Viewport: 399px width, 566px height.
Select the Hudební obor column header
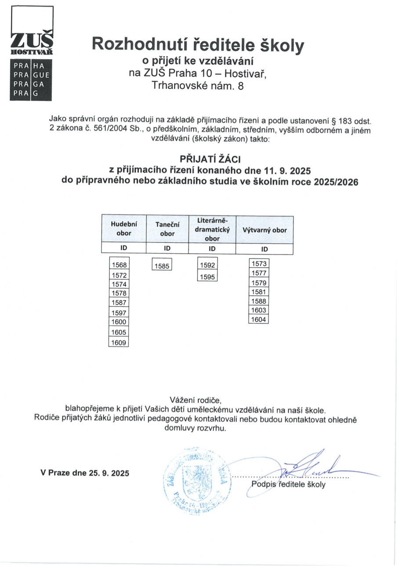point(123,229)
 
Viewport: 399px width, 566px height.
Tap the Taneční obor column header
point(167,229)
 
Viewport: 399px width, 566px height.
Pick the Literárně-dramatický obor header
point(212,229)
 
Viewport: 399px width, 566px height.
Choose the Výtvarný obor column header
point(265,230)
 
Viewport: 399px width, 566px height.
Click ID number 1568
point(119,265)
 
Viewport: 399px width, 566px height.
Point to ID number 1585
point(162,265)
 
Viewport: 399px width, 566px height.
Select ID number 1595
point(207,277)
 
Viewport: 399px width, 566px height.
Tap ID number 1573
point(258,264)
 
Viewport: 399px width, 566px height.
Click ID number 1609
point(119,342)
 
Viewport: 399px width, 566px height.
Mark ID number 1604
point(258,319)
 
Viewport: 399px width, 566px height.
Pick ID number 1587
point(119,302)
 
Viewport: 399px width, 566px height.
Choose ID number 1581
point(258,292)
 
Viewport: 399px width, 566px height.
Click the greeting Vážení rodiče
point(196,399)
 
